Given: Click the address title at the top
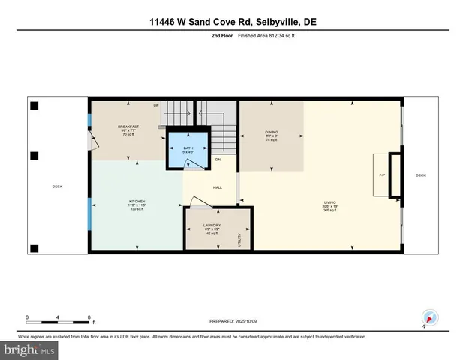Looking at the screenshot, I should pos(233,22).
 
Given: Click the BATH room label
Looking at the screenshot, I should pos(188,148).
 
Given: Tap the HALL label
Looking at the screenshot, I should pos(217,187).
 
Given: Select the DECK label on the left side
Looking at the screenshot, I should pos(57,187).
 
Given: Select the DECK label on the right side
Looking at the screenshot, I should pos(420,175).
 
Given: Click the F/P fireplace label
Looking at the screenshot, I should pos(381,175).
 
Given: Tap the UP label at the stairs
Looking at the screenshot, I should pos(156,106).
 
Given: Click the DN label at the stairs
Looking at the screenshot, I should pos(218,160).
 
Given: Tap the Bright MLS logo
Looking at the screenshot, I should pos(30,349).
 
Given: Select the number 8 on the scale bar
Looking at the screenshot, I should pos(89,316).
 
